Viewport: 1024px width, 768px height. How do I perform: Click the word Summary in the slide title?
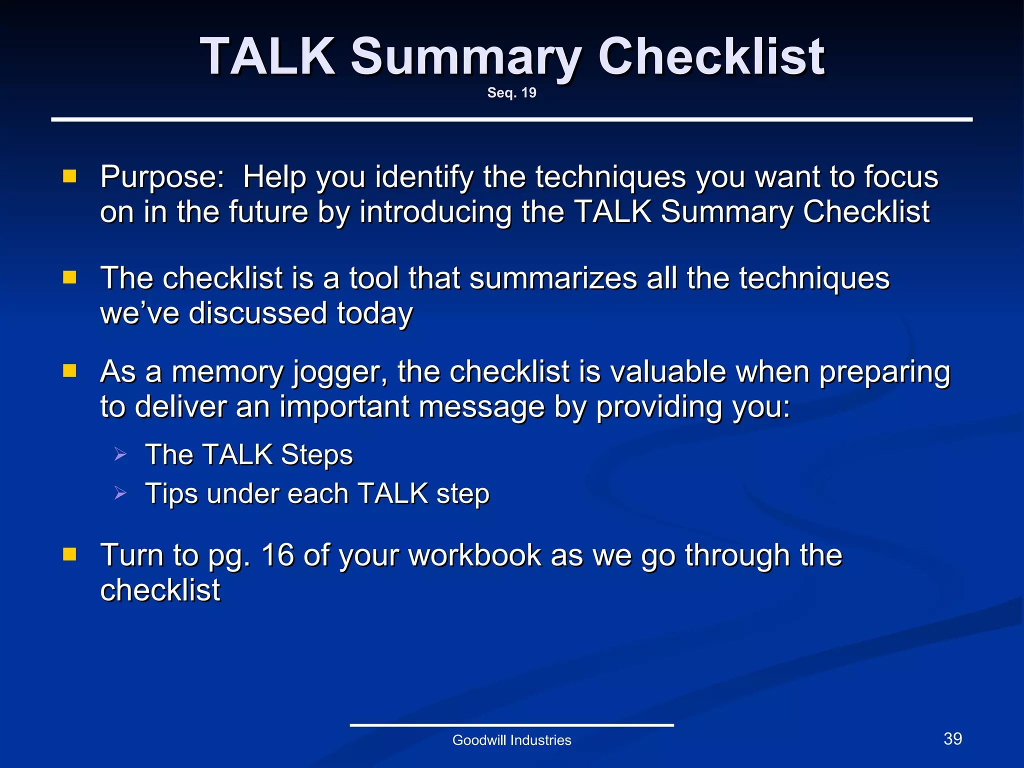click(466, 57)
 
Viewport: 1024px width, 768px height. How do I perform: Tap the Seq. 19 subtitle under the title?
click(511, 93)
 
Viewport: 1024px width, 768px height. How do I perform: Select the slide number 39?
click(952, 738)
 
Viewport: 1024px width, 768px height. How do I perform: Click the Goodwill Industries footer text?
click(511, 740)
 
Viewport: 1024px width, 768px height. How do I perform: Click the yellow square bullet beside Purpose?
click(69, 176)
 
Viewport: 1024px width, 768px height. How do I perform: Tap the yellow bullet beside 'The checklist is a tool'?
click(69, 277)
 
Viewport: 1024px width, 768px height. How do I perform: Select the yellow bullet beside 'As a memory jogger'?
click(69, 371)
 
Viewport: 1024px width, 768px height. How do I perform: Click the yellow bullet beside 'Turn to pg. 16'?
click(69, 554)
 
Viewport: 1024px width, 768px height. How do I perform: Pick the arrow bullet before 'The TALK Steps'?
click(120, 454)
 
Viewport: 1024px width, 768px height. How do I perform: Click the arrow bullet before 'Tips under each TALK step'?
click(120, 493)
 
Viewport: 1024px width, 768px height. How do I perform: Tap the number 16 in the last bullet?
click(277, 555)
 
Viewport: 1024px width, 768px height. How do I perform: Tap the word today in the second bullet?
click(374, 314)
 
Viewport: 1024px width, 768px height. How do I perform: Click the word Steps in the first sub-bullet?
click(316, 455)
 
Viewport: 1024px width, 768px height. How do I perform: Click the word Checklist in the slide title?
click(711, 57)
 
